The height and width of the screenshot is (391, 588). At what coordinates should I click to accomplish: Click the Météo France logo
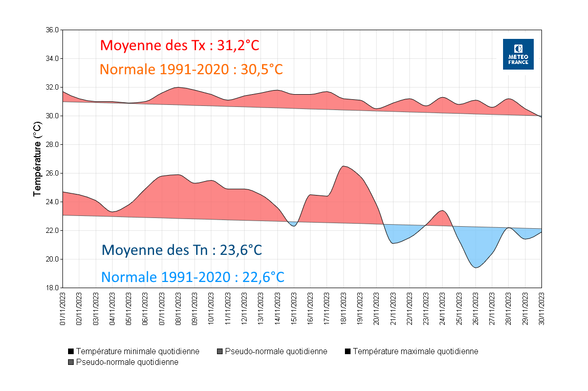click(x=518, y=54)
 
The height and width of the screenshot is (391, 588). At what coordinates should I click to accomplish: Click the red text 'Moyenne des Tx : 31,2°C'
click(x=180, y=45)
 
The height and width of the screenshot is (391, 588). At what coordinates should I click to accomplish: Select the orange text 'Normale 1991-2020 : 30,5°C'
click(x=191, y=69)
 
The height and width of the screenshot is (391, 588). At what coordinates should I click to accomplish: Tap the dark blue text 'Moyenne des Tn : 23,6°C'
click(x=182, y=250)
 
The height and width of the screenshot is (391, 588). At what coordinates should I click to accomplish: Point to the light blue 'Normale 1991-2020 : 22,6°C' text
click(x=192, y=277)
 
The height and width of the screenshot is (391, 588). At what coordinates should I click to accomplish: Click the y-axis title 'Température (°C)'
click(x=37, y=159)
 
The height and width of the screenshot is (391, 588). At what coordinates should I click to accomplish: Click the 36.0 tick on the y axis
click(x=52, y=30)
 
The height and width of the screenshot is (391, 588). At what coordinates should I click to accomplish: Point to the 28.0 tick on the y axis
click(x=52, y=144)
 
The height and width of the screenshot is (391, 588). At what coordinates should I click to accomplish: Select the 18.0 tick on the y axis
click(x=52, y=288)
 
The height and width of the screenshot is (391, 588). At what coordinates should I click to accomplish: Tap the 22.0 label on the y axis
click(x=52, y=230)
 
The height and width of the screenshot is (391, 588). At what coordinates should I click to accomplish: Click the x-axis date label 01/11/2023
click(x=63, y=309)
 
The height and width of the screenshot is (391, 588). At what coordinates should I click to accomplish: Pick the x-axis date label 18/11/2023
click(x=343, y=309)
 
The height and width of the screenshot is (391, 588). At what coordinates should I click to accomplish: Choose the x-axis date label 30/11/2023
click(x=541, y=309)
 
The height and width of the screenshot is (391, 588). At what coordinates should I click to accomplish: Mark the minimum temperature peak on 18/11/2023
click(x=344, y=166)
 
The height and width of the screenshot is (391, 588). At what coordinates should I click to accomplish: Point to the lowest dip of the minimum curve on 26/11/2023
click(x=476, y=268)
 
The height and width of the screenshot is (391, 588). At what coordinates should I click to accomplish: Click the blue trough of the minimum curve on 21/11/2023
click(x=393, y=243)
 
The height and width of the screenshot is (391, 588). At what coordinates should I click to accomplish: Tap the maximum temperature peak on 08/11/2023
click(x=178, y=87)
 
